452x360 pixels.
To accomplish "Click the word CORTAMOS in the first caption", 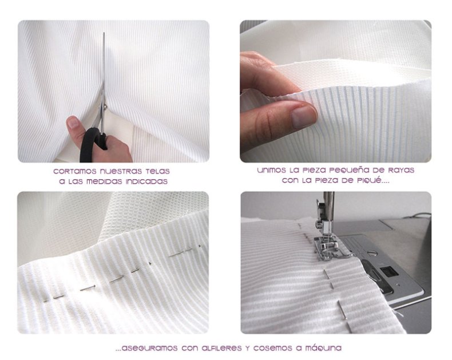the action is [x=75, y=171].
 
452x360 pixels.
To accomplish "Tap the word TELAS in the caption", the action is [x=157, y=171].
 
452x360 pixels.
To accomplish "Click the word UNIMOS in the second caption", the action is [x=271, y=170].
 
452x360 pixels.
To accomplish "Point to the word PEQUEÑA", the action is [x=348, y=170].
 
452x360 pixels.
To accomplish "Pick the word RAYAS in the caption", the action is [x=401, y=170].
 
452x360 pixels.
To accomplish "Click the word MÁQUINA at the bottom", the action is [x=323, y=348].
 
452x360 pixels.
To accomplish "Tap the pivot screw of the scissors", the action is [x=106, y=107].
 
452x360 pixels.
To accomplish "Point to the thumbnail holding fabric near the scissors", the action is [x=73, y=122].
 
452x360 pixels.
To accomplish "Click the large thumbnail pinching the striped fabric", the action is [x=303, y=117].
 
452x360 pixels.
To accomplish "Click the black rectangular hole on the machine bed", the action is [x=388, y=271].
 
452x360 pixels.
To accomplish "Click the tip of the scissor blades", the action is [x=104, y=33].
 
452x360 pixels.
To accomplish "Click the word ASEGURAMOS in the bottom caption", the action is [x=146, y=348].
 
